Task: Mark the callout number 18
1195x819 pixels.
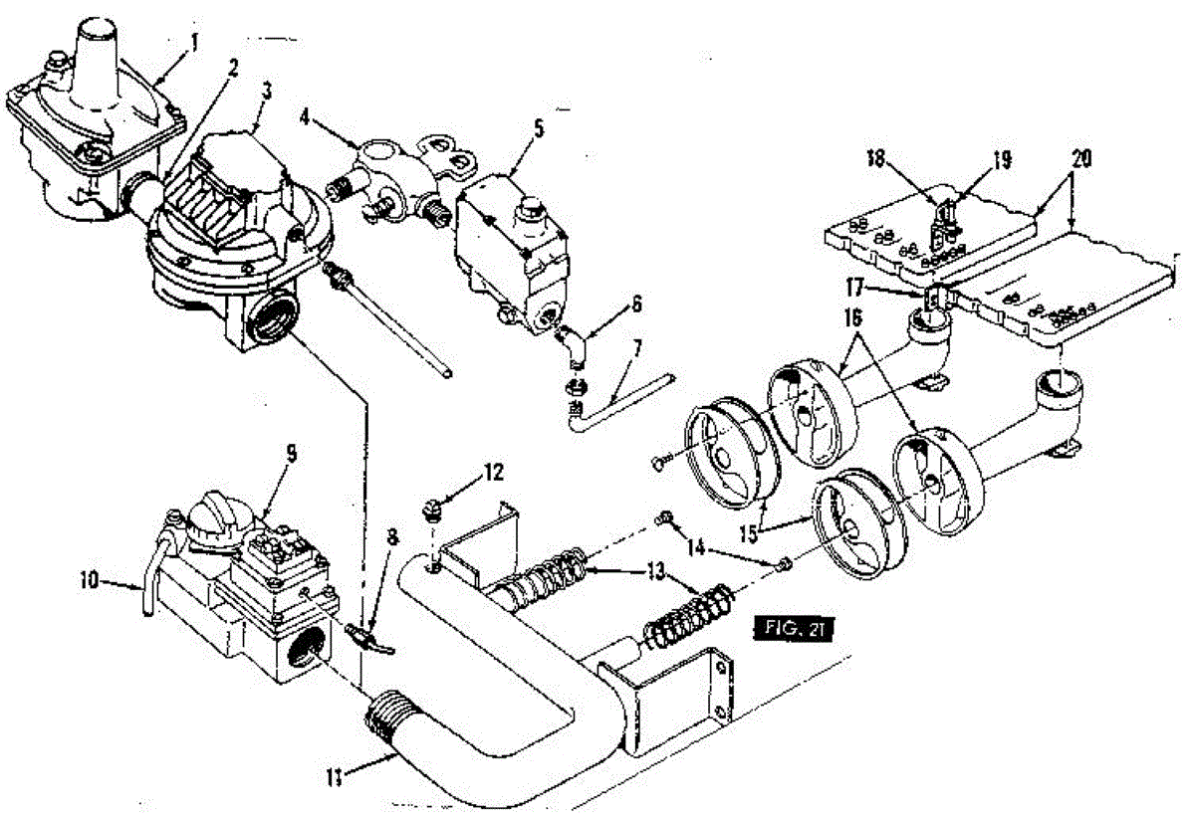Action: tap(875, 158)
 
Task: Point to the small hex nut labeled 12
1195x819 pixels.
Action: tap(432, 511)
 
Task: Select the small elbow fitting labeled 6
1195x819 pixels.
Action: tap(571, 343)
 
